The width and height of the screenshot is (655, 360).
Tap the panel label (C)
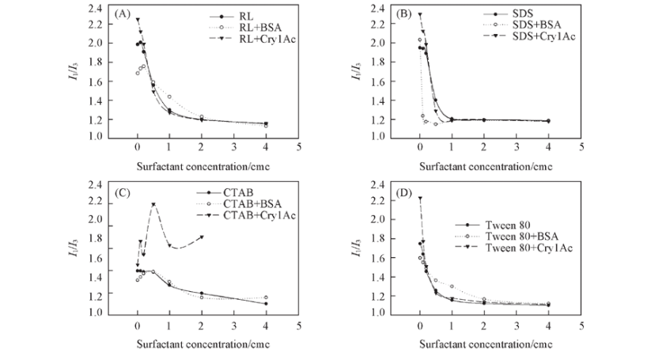pos(123,191)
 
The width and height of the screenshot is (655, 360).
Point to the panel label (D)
pos(404,191)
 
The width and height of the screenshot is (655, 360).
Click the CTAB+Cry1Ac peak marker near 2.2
pos(153,205)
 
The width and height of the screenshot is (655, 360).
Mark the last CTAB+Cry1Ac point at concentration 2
pos(202,237)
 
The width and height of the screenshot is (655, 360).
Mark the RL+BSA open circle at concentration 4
pos(266,125)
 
